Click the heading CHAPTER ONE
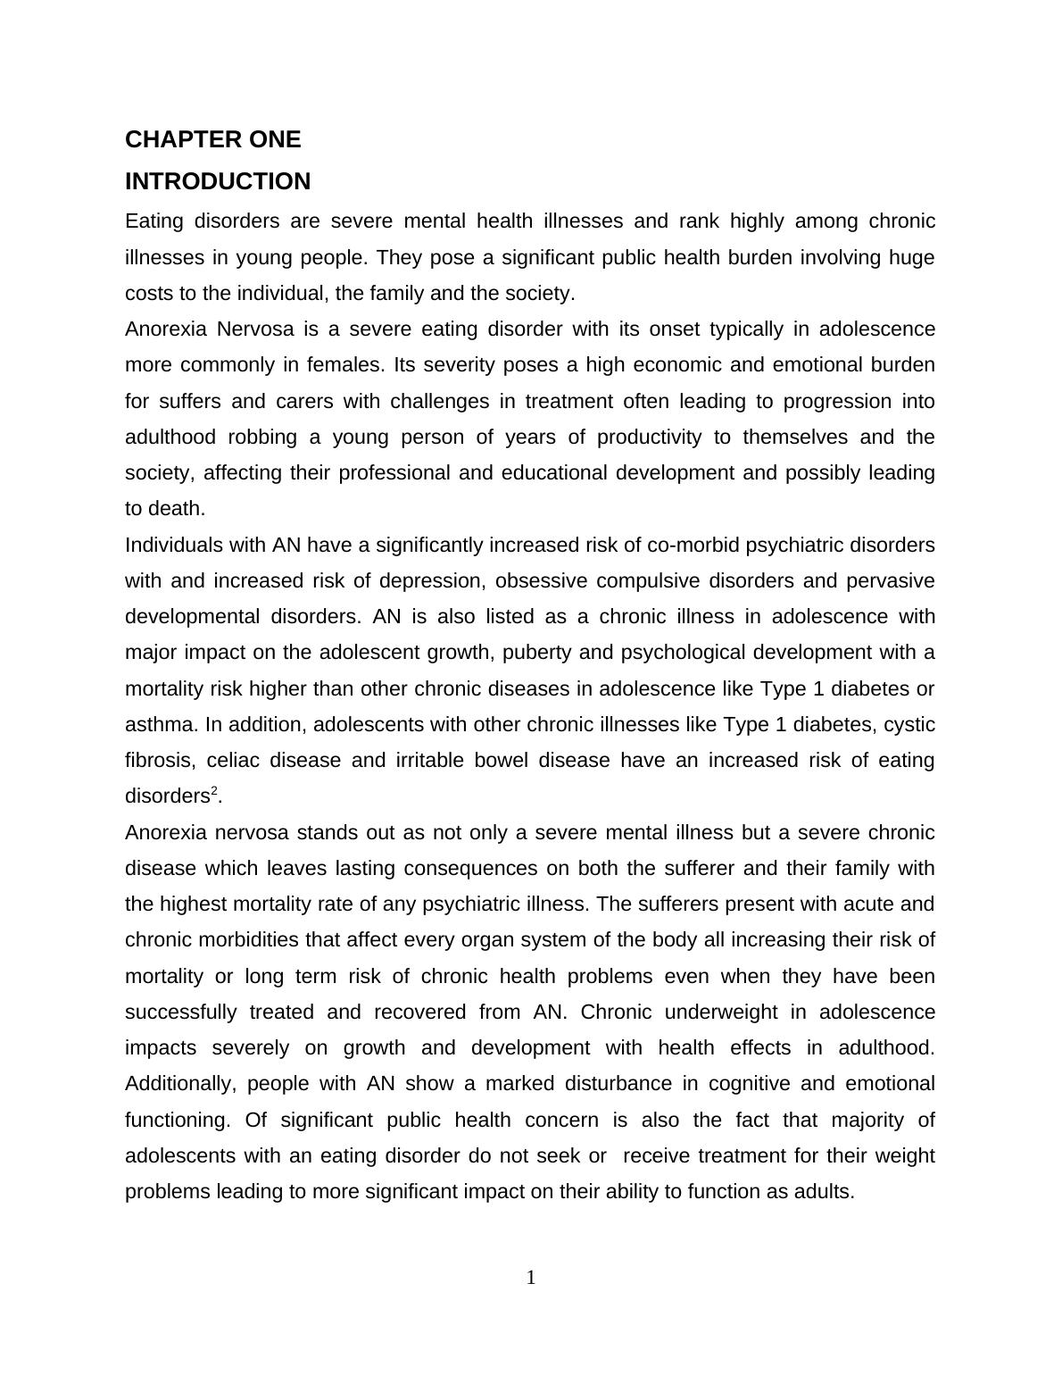click(212, 140)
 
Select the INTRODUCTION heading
click(218, 182)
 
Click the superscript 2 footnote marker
click(214, 791)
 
